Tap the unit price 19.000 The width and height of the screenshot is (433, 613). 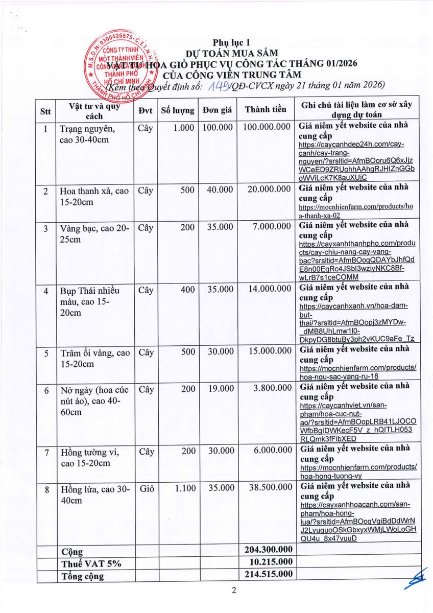pyautogui.click(x=220, y=389)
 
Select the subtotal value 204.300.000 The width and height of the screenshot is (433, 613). pyautogui.click(x=269, y=550)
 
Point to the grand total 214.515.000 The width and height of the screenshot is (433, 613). pyautogui.click(x=269, y=574)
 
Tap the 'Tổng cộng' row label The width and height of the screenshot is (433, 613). pyautogui.click(x=82, y=576)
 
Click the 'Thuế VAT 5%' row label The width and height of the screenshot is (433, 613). pyautogui.click(x=86, y=563)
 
